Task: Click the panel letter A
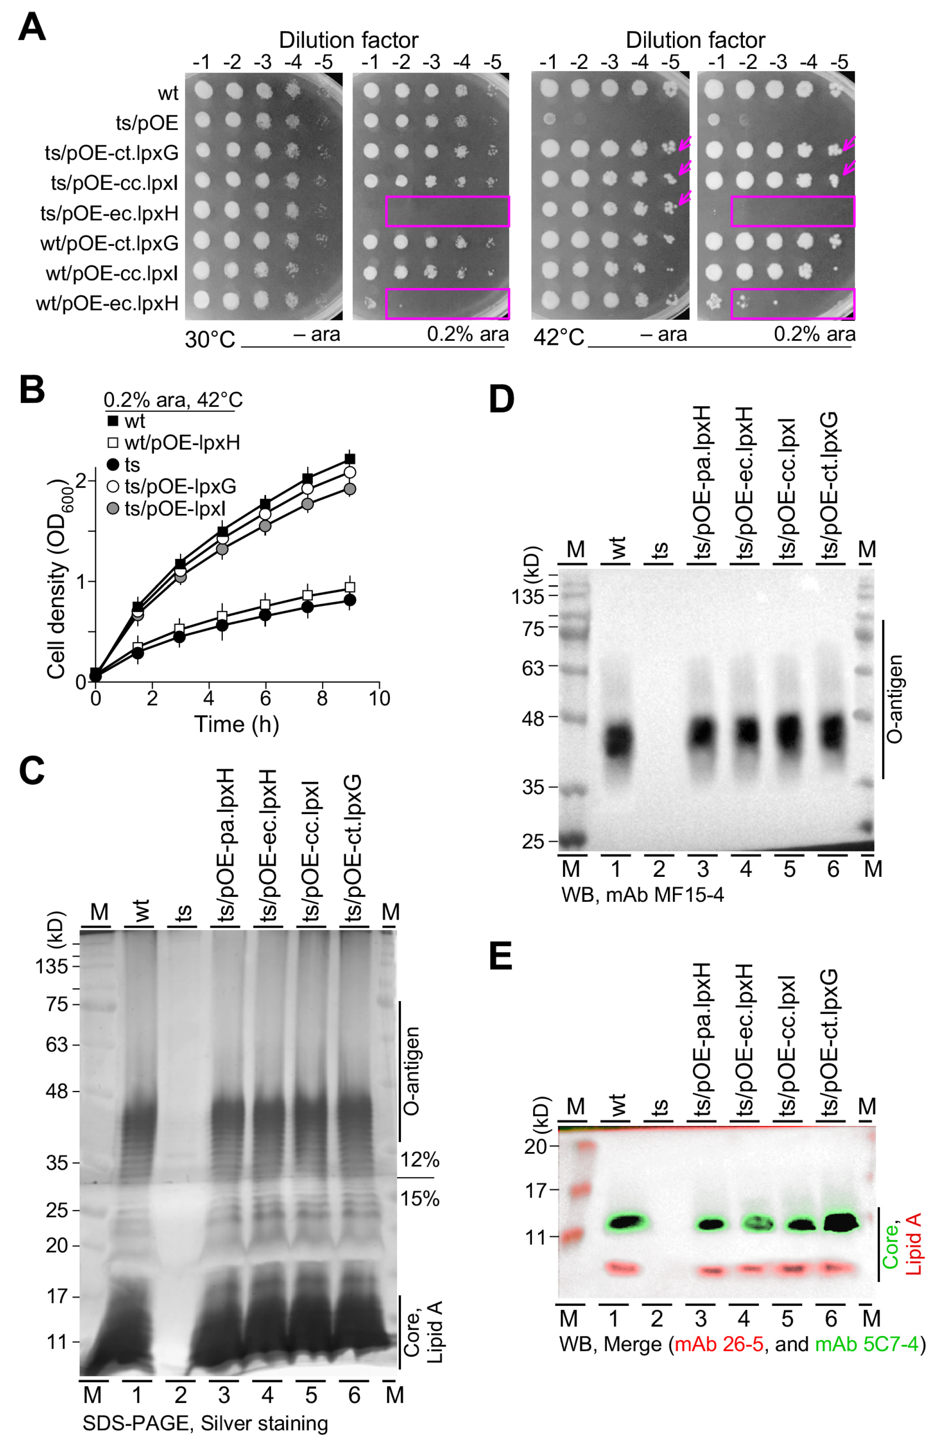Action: (32, 28)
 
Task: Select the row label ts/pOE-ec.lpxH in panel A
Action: (109, 213)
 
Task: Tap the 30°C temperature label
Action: (210, 338)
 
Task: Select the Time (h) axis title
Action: (236, 724)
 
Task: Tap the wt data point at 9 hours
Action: (350, 459)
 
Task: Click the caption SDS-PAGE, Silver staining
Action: (205, 1423)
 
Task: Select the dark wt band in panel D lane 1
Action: (618, 739)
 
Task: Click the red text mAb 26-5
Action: (718, 1343)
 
